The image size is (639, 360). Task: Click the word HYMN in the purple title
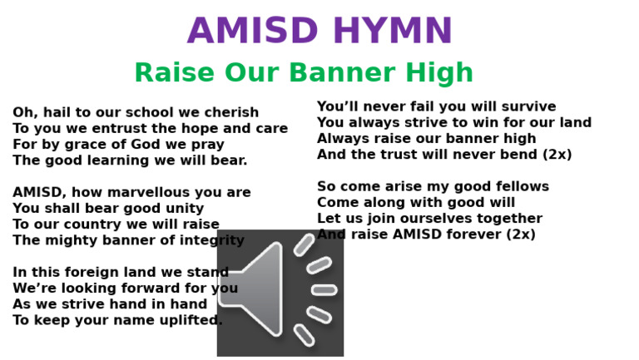(393, 31)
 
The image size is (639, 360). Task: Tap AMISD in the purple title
(253, 31)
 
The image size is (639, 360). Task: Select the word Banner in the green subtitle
(342, 72)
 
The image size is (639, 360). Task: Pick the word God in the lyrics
(146, 144)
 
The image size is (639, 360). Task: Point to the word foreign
(92, 273)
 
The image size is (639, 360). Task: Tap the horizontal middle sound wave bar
(324, 290)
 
